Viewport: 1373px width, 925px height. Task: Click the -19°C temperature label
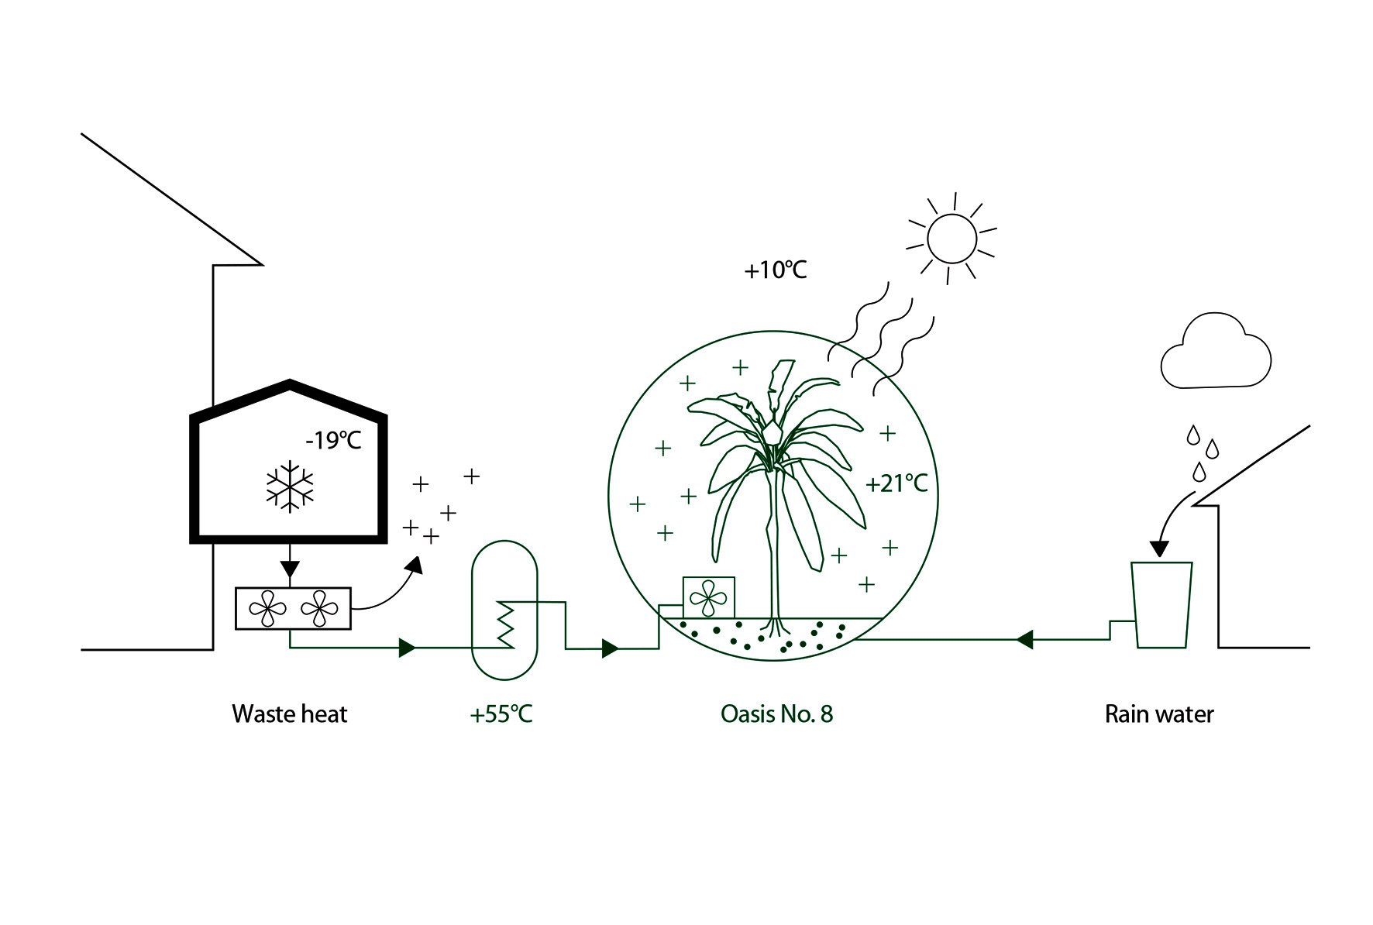(x=333, y=441)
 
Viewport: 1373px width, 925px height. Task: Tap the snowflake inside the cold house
(x=290, y=487)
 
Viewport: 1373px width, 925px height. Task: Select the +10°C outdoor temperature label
(x=775, y=270)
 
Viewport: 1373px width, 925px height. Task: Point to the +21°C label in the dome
(x=896, y=484)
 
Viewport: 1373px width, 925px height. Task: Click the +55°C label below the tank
(x=501, y=714)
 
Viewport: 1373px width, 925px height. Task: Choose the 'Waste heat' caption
(x=290, y=714)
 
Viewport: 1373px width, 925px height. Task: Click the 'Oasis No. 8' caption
(x=776, y=714)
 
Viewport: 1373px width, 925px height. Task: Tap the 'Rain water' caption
(x=1159, y=714)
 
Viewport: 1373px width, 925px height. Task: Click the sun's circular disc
(x=951, y=239)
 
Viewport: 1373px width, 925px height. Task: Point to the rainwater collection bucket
(x=1161, y=604)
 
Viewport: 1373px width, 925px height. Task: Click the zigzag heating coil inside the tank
(x=505, y=624)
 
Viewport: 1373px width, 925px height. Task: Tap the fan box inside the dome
(x=708, y=597)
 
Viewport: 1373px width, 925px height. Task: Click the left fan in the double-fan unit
(x=268, y=609)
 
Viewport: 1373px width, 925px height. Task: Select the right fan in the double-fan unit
(x=319, y=609)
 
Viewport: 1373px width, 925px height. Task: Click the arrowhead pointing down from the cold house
(x=290, y=570)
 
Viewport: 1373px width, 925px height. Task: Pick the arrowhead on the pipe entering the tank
(x=407, y=648)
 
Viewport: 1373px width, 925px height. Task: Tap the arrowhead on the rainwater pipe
(x=1024, y=640)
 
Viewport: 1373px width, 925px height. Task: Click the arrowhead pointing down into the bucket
(x=1158, y=548)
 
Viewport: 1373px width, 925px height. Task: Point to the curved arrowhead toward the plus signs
(x=415, y=566)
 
